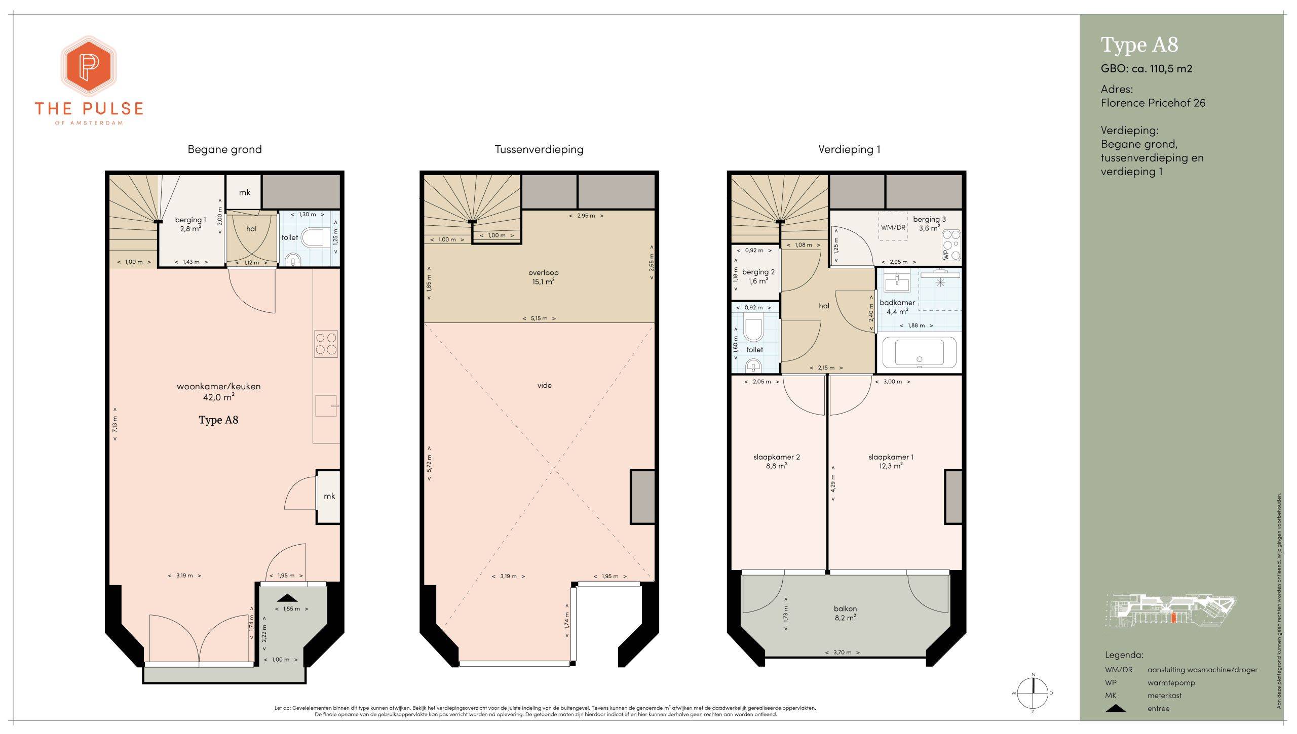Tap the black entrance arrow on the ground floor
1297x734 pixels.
point(287,598)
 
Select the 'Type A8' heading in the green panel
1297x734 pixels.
point(1139,45)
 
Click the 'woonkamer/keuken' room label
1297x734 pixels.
point(218,386)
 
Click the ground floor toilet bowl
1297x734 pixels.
point(313,237)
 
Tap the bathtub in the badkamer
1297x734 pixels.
point(919,352)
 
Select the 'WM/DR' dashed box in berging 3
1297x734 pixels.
point(893,227)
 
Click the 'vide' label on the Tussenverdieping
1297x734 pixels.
point(545,386)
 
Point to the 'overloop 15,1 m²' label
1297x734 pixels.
point(543,277)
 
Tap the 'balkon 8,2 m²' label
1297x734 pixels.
point(846,613)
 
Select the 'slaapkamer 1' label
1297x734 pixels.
point(891,457)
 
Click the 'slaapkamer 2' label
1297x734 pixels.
point(777,457)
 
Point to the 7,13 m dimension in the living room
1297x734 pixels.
point(115,424)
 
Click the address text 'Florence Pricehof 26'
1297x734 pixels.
point(1153,103)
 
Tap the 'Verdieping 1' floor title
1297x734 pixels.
point(849,149)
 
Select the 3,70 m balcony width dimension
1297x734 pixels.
point(842,653)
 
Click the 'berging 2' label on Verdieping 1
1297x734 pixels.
point(758,272)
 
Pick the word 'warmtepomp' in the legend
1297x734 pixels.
point(1171,683)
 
